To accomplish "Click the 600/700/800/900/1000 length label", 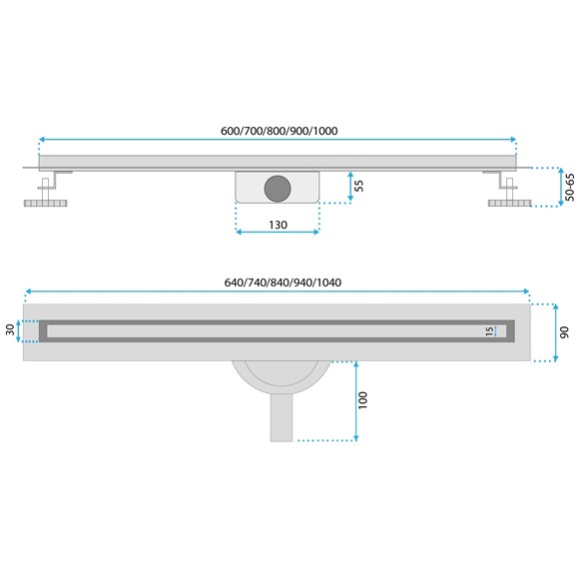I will coord(278,131).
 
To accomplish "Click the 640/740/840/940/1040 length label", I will coord(284,282).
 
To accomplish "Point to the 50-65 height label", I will coord(570,187).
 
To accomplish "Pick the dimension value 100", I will coord(363,399).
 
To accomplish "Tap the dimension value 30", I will coord(10,328).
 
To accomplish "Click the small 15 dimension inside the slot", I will coord(489,330).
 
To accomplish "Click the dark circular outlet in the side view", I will coord(277,185).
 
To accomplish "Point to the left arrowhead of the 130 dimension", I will coord(239,233).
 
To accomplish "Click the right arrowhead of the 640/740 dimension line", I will coord(527,290).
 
